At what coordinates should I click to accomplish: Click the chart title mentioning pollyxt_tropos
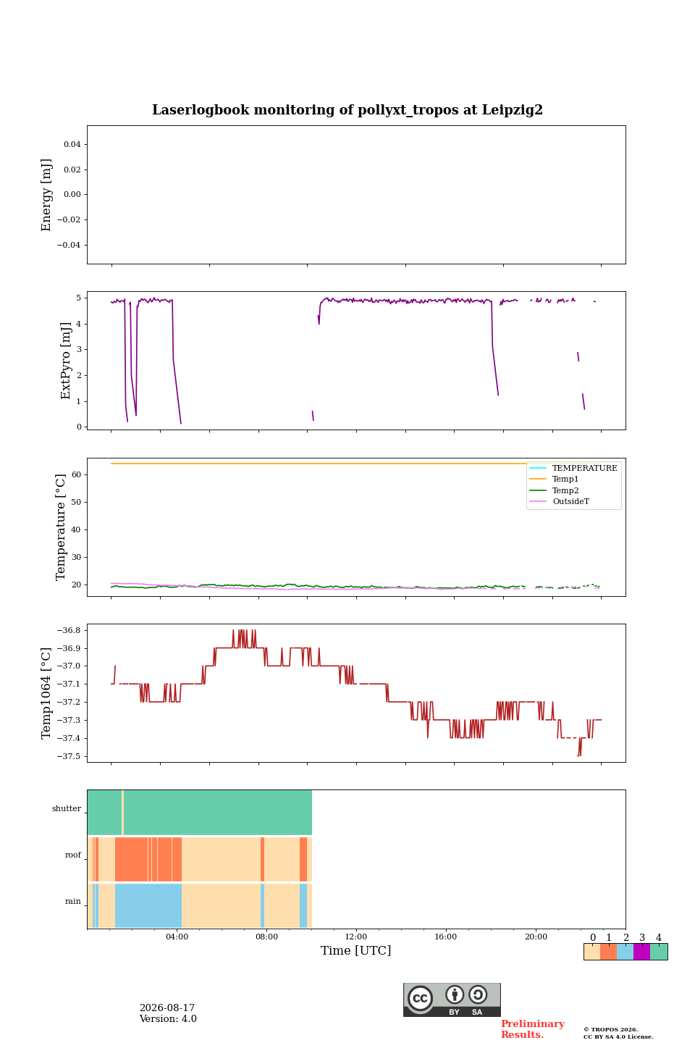(x=347, y=110)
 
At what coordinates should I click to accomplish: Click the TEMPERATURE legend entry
(x=573, y=468)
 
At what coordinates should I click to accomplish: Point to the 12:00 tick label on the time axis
(x=355, y=937)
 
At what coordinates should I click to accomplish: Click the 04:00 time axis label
(x=177, y=937)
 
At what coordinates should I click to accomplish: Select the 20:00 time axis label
(x=536, y=937)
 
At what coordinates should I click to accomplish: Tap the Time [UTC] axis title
(x=355, y=950)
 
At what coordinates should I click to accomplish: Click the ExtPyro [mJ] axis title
(x=65, y=361)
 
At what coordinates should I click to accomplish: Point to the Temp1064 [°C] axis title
(x=46, y=693)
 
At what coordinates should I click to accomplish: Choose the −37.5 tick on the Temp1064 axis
(x=69, y=756)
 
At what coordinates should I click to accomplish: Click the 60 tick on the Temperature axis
(x=76, y=474)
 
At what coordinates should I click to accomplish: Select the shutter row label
(x=67, y=808)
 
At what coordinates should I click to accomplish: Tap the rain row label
(x=72, y=901)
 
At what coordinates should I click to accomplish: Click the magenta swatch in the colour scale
(x=641, y=952)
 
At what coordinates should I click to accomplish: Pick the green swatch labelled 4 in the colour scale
(x=659, y=952)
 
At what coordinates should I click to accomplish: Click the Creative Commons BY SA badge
(x=452, y=1000)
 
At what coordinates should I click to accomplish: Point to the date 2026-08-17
(x=167, y=1008)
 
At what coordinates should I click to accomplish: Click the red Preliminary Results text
(x=533, y=1029)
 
